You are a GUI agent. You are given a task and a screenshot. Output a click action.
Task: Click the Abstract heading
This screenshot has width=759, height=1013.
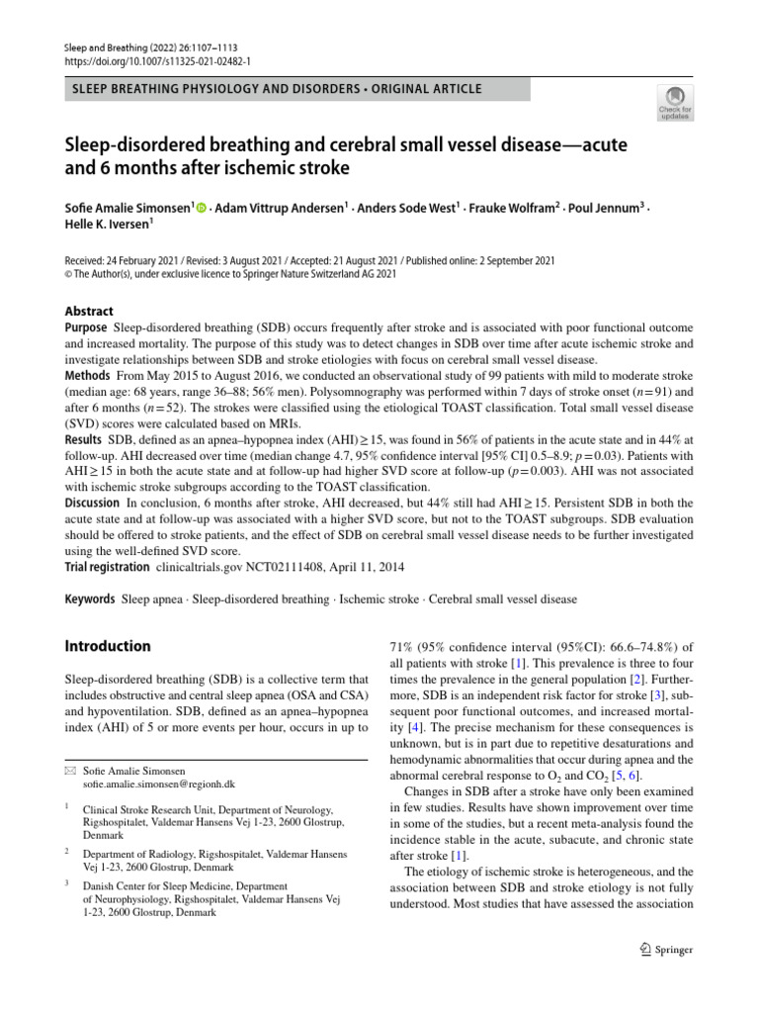(88, 311)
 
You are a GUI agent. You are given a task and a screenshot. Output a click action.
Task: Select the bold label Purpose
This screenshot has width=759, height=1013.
(86, 327)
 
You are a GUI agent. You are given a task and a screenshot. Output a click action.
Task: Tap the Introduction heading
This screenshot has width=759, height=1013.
(108, 647)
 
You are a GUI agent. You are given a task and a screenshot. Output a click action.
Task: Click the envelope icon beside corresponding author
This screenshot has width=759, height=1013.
(69, 770)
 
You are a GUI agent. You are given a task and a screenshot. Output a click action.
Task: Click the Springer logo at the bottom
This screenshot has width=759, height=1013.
(666, 949)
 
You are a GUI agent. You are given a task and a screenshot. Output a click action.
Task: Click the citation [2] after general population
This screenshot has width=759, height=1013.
(637, 681)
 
